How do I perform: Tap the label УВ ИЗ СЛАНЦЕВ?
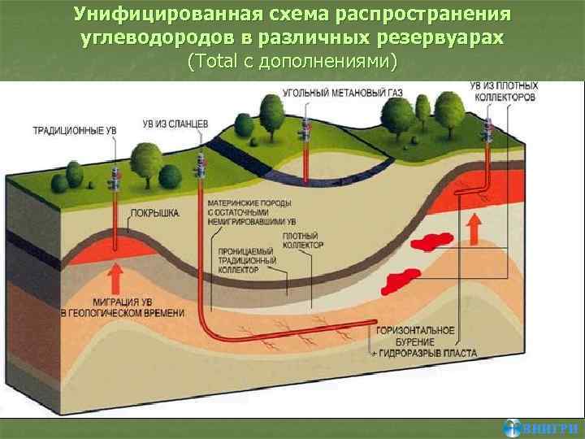point(175,124)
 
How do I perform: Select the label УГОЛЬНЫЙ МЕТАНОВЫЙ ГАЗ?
point(334,93)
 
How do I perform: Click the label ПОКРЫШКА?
point(155,214)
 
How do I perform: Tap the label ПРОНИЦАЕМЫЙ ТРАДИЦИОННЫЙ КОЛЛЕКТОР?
point(248,261)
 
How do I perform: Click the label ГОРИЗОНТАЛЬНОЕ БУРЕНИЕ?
point(415,337)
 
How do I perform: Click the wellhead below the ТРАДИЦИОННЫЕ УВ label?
point(115,172)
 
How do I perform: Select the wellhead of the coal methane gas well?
point(306,128)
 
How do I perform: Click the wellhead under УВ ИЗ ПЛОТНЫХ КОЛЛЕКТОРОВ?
point(490,129)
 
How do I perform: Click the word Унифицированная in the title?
point(158,15)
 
